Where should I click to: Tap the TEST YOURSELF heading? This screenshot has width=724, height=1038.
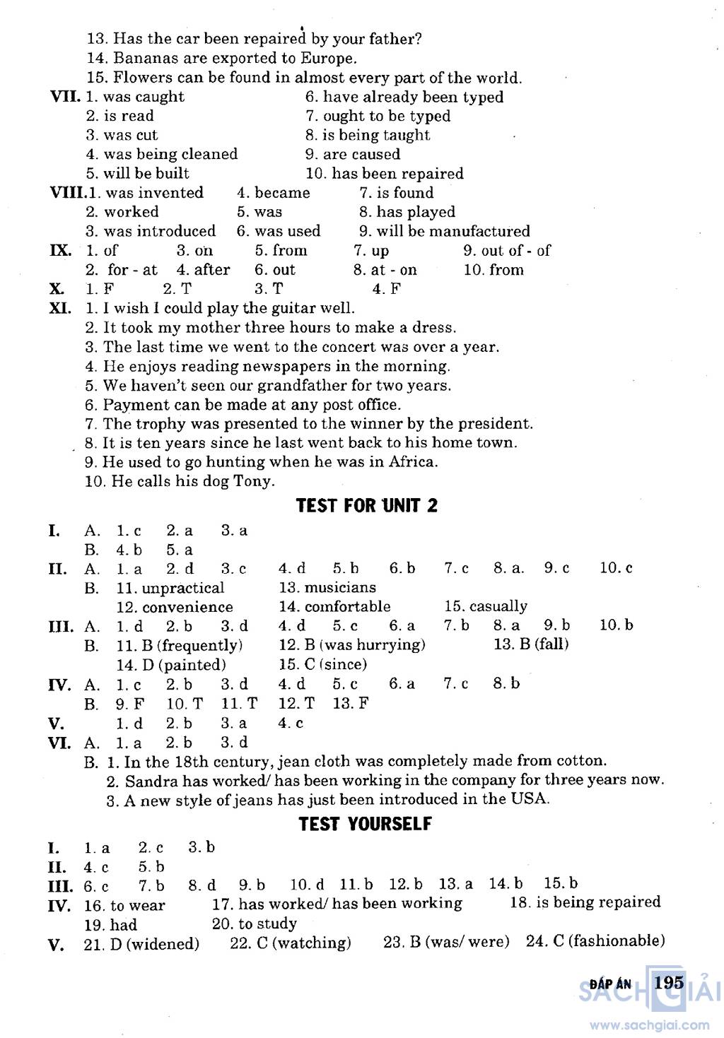(365, 824)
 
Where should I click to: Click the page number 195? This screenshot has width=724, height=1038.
(669, 982)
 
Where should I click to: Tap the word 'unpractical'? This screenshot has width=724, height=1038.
(183, 588)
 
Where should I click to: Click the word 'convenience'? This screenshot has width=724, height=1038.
(187, 607)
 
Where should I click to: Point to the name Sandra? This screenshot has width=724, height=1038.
(151, 781)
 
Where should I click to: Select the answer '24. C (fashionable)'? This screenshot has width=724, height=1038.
(595, 941)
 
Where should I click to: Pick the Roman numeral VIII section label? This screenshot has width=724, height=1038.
(66, 193)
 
